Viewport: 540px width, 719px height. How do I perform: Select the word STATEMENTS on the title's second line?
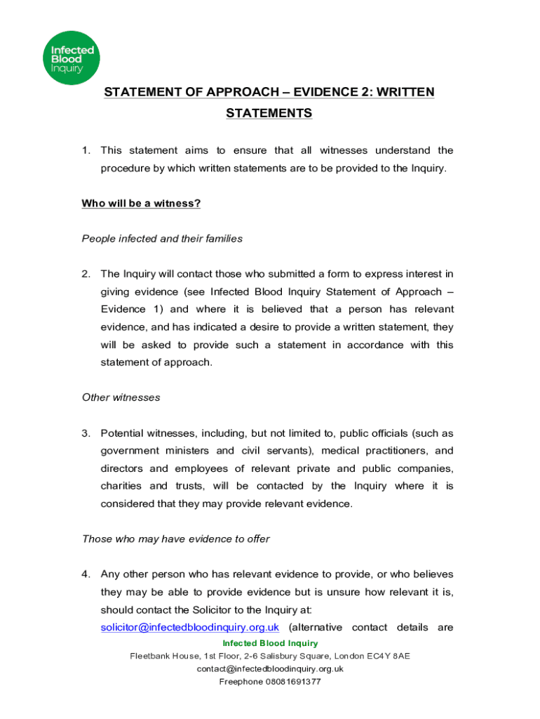coord(269,113)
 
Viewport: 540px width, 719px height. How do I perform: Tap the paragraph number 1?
coord(85,150)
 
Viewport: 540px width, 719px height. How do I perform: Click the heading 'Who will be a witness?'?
coord(141,204)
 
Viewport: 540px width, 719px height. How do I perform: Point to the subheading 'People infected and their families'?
coord(162,239)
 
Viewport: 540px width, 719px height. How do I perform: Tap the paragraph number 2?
coord(85,274)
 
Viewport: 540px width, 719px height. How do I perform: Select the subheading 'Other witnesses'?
coord(121,397)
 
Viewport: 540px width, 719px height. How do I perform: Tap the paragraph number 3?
coord(85,433)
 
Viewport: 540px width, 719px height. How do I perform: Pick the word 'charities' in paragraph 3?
coord(120,486)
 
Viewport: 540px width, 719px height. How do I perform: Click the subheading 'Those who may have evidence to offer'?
coord(176,539)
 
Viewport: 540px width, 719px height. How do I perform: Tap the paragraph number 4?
coord(85,574)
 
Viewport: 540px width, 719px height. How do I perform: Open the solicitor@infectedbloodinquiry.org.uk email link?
coord(190,627)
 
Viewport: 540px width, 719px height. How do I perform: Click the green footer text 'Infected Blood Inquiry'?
coord(270,643)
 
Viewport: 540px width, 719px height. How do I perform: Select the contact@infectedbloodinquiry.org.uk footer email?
coord(270,668)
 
